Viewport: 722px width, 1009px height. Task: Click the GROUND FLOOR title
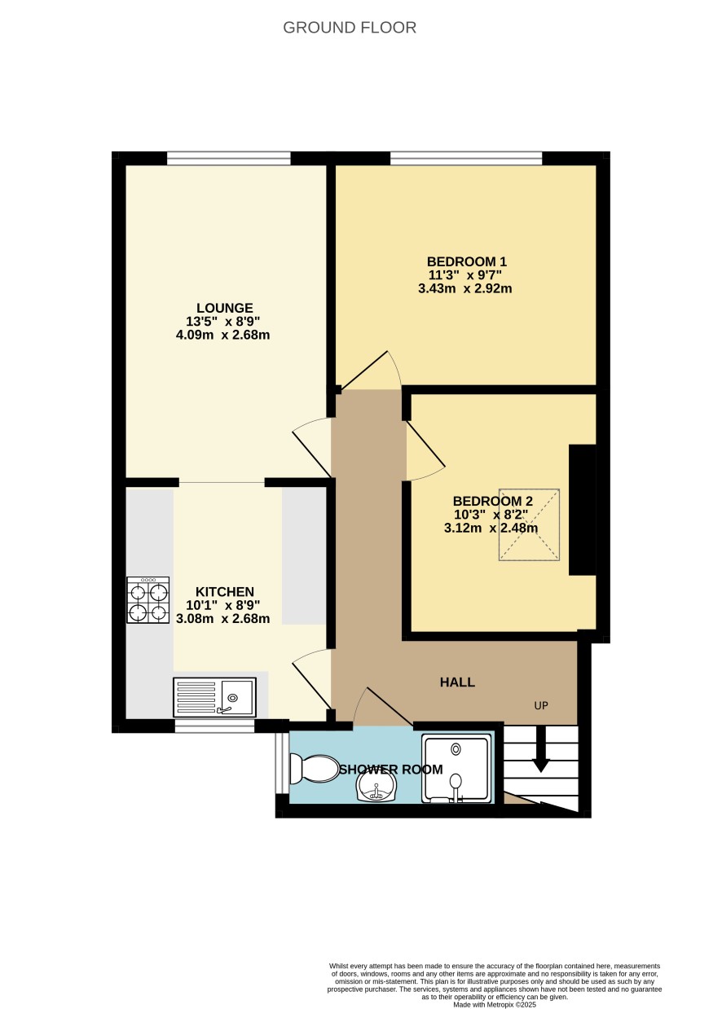pyautogui.click(x=350, y=28)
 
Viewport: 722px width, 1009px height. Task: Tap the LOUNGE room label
pyautogui.click(x=224, y=308)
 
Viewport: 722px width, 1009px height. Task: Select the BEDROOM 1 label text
pyautogui.click(x=467, y=261)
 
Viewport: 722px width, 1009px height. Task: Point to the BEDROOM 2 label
pyautogui.click(x=492, y=501)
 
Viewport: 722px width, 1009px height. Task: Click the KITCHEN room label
pyautogui.click(x=224, y=591)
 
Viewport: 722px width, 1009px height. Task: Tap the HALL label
pyautogui.click(x=457, y=682)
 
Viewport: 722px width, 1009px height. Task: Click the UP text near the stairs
pyautogui.click(x=541, y=706)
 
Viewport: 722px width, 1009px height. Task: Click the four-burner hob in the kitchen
pyautogui.click(x=147, y=600)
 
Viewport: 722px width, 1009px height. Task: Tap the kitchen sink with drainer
pyautogui.click(x=214, y=697)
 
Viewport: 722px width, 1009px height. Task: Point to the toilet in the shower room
pyautogui.click(x=314, y=770)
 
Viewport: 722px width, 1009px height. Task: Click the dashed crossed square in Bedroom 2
pyautogui.click(x=529, y=524)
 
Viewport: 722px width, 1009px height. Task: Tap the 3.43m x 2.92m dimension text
pyautogui.click(x=465, y=289)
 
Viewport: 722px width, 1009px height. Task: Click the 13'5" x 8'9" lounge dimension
pyautogui.click(x=223, y=322)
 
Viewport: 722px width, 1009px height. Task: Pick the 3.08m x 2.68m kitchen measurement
pyautogui.click(x=223, y=618)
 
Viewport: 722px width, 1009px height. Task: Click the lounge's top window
pyautogui.click(x=228, y=159)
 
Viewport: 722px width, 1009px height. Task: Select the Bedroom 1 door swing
pyautogui.click(x=371, y=370)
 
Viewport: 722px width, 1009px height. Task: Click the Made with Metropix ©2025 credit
pyautogui.click(x=495, y=1004)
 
